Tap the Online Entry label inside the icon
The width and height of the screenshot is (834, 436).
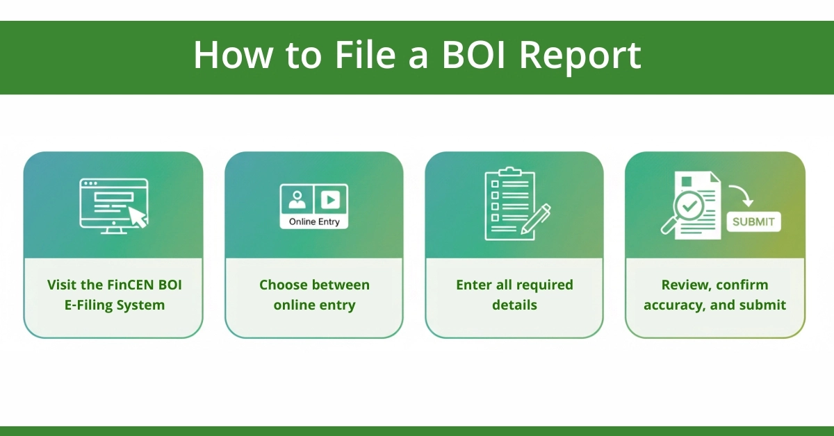pyautogui.click(x=313, y=221)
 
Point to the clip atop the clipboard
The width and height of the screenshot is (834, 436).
pyautogui.click(x=510, y=171)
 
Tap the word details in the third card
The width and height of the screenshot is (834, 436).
pyautogui.click(x=514, y=305)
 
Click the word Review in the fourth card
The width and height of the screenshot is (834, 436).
pyautogui.click(x=685, y=285)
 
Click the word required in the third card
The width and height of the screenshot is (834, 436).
pyautogui.click(x=539, y=285)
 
